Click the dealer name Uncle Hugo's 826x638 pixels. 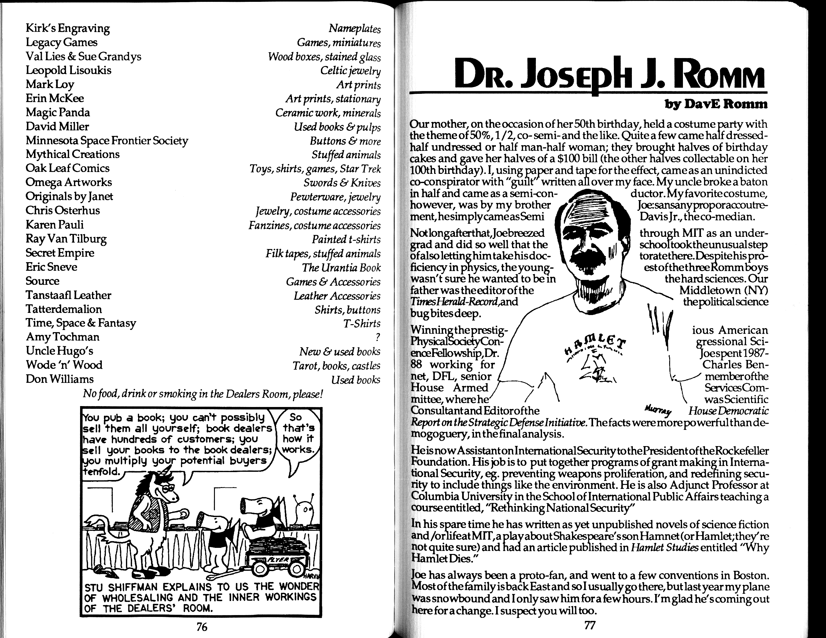pos(59,351)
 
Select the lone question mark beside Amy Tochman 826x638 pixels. pos(378,337)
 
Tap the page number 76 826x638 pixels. pos(202,627)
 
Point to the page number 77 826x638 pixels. pos(590,625)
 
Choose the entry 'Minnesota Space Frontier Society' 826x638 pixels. pos(107,140)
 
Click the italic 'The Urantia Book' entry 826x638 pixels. pos(341,268)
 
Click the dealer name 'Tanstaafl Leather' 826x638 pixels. pos(68,295)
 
